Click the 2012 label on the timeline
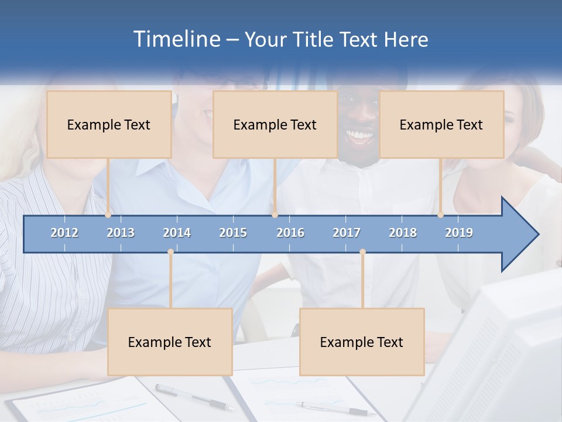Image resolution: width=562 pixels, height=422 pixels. pos(64,233)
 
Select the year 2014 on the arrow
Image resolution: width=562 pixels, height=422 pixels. pos(177,233)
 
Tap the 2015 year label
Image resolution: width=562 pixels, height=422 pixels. pos(233,233)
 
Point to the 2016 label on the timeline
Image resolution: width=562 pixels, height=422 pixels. pos(290,233)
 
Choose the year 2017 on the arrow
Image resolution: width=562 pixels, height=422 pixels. pos(347,233)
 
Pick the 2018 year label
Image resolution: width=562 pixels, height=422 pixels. pos(403,233)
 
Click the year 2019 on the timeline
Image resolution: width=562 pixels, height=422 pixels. pos(459,233)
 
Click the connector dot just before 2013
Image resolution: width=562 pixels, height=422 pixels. pos(108,215)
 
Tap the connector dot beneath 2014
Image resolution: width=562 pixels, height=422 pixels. pos(170,252)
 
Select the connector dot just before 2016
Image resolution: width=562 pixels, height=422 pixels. pos(275,215)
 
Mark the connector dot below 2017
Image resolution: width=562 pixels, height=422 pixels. pos(362,252)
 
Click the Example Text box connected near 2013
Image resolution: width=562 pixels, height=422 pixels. pos(109,124)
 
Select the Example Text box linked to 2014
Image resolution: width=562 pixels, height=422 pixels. pos(170,342)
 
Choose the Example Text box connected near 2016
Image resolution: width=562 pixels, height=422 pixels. pos(275,124)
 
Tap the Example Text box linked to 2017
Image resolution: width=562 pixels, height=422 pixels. pos(362,342)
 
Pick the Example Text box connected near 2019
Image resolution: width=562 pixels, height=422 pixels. pos(441,124)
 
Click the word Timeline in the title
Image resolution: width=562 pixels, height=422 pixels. pos(176,39)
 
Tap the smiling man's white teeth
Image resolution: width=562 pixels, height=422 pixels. pos(358,137)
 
